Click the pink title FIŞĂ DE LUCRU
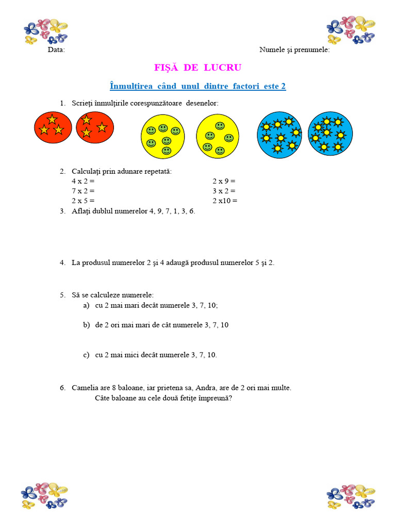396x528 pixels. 198,68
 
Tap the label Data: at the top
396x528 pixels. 56,50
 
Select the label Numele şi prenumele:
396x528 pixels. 294,50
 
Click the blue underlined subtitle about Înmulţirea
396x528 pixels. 198,86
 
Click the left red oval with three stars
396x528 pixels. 53,127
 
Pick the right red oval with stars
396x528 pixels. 95,127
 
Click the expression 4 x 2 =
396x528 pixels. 84,181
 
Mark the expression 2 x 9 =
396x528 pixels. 224,181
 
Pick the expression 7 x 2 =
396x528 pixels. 84,191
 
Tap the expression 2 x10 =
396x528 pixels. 225,201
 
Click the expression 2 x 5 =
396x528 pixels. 84,201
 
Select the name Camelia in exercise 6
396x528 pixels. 85,388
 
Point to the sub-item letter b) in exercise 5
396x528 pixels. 87,325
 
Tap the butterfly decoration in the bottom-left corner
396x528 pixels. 44,496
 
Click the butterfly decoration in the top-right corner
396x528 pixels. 351,30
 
